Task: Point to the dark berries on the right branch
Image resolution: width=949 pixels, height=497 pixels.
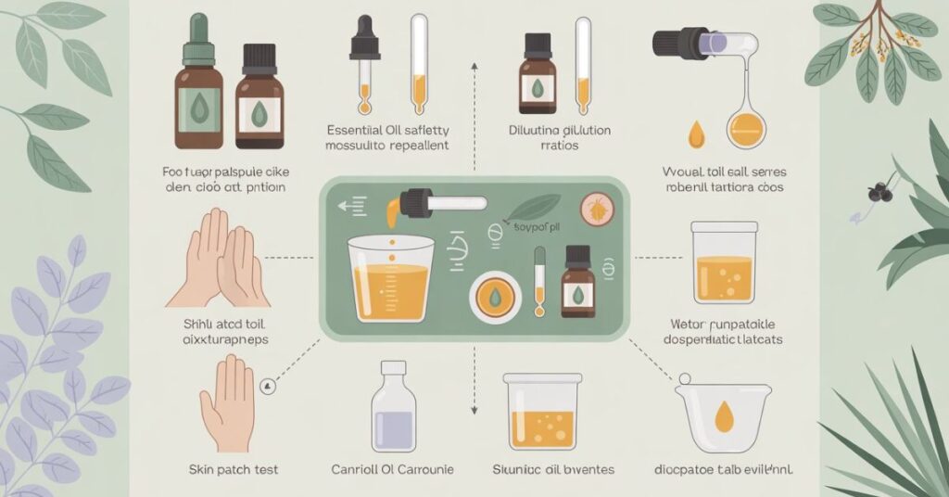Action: coord(876,192)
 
